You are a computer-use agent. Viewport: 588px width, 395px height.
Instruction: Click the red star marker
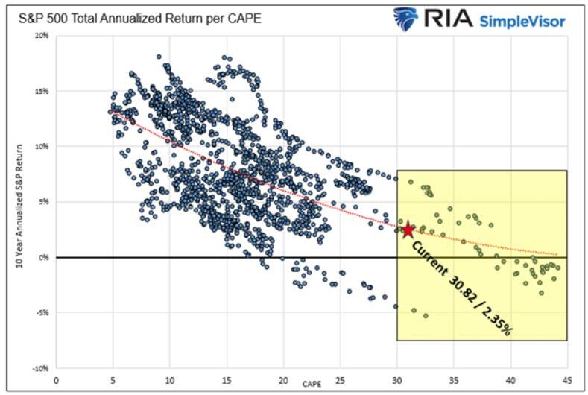click(408, 230)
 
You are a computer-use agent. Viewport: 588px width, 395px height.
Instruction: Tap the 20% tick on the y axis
click(42, 36)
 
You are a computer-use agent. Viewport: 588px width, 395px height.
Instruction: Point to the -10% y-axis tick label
click(41, 368)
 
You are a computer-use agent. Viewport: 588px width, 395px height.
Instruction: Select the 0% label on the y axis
click(43, 257)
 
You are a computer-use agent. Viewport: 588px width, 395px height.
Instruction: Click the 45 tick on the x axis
click(567, 379)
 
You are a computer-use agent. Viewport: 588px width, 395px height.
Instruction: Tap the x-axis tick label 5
click(113, 379)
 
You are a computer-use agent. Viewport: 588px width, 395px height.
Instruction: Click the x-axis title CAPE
click(312, 383)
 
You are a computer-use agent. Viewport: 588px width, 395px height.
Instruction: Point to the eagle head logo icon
click(405, 18)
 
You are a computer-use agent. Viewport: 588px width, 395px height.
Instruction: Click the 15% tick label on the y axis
click(42, 91)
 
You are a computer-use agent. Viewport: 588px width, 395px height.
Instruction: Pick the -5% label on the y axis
click(42, 313)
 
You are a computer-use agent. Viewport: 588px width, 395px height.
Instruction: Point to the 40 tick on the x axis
click(510, 379)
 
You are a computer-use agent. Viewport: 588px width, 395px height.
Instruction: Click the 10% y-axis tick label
click(42, 147)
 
